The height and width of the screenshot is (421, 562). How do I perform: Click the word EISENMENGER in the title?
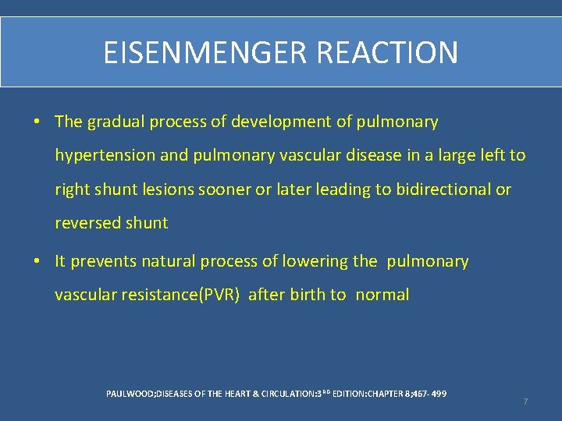pyautogui.click(x=206, y=53)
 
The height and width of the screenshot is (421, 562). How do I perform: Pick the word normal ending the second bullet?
pyautogui.click(x=382, y=295)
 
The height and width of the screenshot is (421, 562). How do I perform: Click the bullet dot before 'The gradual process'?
pyautogui.click(x=37, y=122)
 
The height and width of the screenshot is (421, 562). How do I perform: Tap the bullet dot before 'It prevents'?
pyautogui.click(x=37, y=262)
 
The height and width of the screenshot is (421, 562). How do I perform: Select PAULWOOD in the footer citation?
pyautogui.click(x=130, y=394)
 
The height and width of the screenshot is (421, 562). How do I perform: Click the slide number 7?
pyautogui.click(x=525, y=402)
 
